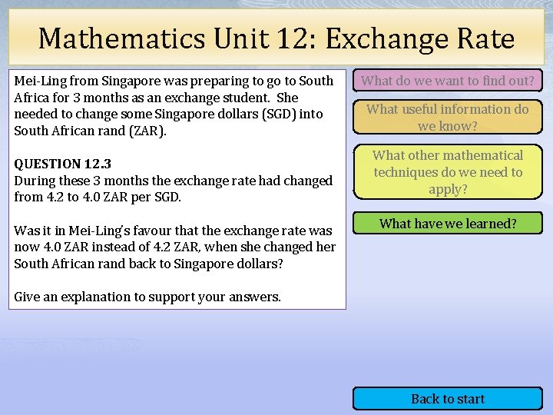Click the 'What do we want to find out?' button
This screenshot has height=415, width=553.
coord(448,80)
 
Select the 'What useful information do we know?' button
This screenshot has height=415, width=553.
coord(448,117)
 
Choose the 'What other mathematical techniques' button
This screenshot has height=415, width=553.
coord(448,172)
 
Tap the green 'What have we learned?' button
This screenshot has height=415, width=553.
coord(448,224)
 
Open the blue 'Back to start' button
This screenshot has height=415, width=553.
coord(448,398)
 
